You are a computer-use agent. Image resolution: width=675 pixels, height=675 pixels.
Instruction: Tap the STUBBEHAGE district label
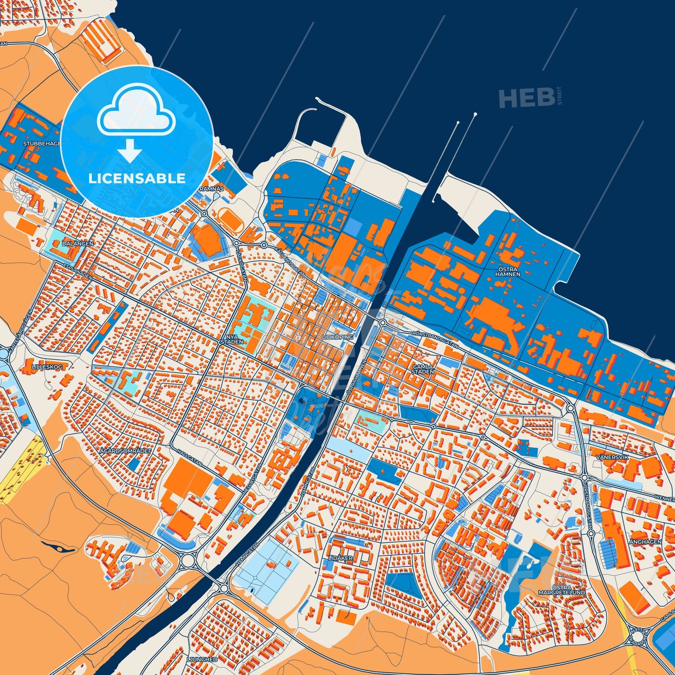pos(42,143)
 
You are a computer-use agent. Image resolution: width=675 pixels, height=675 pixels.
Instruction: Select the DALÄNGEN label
pos(78,243)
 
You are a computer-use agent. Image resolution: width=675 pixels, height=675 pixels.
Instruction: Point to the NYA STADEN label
pos(232,339)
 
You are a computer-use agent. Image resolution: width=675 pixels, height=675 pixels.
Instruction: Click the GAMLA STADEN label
pos(423,369)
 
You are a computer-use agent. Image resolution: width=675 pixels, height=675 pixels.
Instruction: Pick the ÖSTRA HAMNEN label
pos(509,271)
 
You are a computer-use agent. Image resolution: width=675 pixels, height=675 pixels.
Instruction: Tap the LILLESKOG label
pos(47,367)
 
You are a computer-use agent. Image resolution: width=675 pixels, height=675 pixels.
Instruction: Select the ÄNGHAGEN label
pos(645,541)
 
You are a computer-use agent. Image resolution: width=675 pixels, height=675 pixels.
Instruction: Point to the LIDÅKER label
pos(341,558)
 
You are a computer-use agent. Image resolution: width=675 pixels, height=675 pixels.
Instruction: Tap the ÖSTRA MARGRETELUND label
pos(561,590)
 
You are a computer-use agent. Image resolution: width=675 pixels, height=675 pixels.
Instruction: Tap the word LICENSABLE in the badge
pos(137,178)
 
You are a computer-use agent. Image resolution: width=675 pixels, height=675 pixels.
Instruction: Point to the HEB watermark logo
pos(526,98)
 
